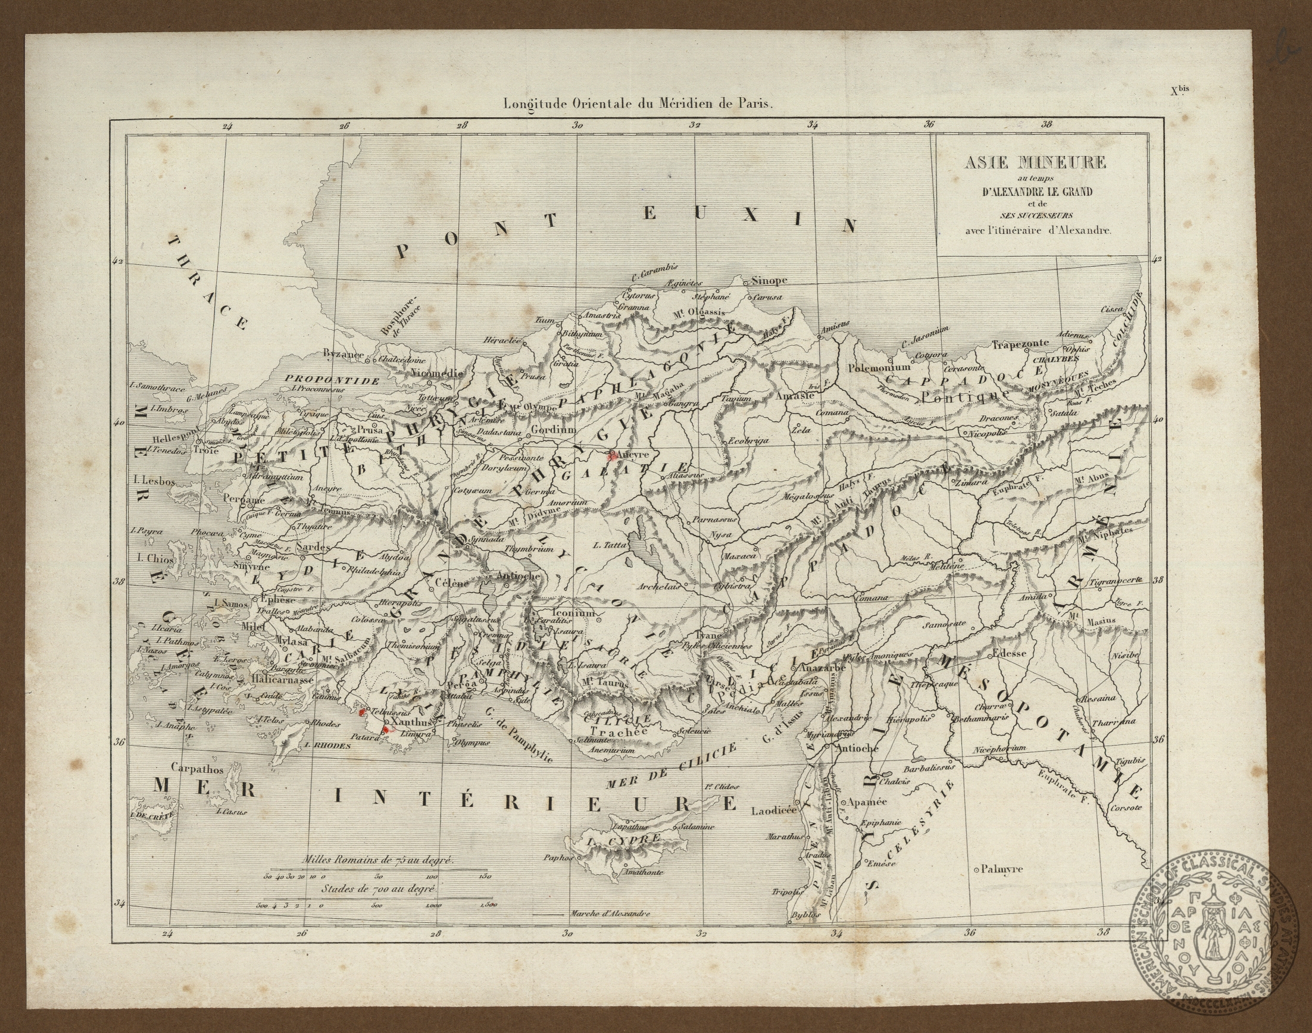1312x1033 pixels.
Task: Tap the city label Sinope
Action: (x=769, y=281)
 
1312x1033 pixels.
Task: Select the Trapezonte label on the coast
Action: (x=1020, y=344)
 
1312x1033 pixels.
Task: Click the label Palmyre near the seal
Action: (x=1002, y=869)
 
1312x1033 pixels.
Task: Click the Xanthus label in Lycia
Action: (x=411, y=722)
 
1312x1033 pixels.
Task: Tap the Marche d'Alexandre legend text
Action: (x=610, y=914)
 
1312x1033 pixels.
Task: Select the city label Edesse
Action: (x=1010, y=654)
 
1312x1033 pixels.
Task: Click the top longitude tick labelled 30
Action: (x=577, y=126)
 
